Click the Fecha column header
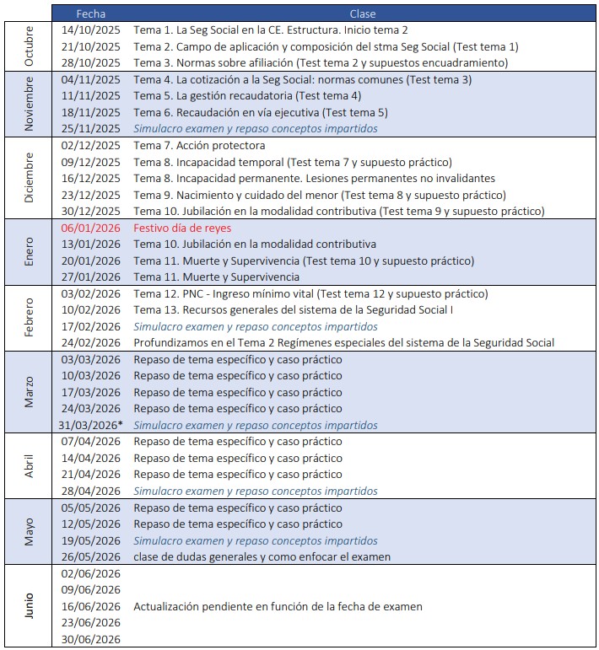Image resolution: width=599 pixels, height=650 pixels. (x=91, y=13)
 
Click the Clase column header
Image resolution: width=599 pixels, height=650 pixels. (x=363, y=13)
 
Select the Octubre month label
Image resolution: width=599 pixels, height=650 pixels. (x=28, y=46)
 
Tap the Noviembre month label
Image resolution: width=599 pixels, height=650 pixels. (x=28, y=104)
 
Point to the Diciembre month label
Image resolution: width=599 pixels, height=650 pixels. (x=28, y=178)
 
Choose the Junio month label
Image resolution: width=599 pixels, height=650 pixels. (x=28, y=607)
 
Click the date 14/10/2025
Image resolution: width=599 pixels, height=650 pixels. (x=91, y=30)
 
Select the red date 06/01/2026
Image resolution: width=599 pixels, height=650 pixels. (x=91, y=228)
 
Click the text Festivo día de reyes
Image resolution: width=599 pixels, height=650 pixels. (x=182, y=228)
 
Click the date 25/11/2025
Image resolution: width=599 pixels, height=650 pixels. (x=91, y=129)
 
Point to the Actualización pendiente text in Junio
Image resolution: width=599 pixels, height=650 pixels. (x=278, y=607)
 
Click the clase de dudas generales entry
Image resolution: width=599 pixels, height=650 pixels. (x=262, y=557)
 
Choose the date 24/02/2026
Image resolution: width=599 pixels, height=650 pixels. (x=91, y=343)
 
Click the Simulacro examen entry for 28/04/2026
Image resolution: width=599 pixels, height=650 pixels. (x=255, y=492)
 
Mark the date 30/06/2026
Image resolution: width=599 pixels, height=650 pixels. (x=91, y=640)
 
